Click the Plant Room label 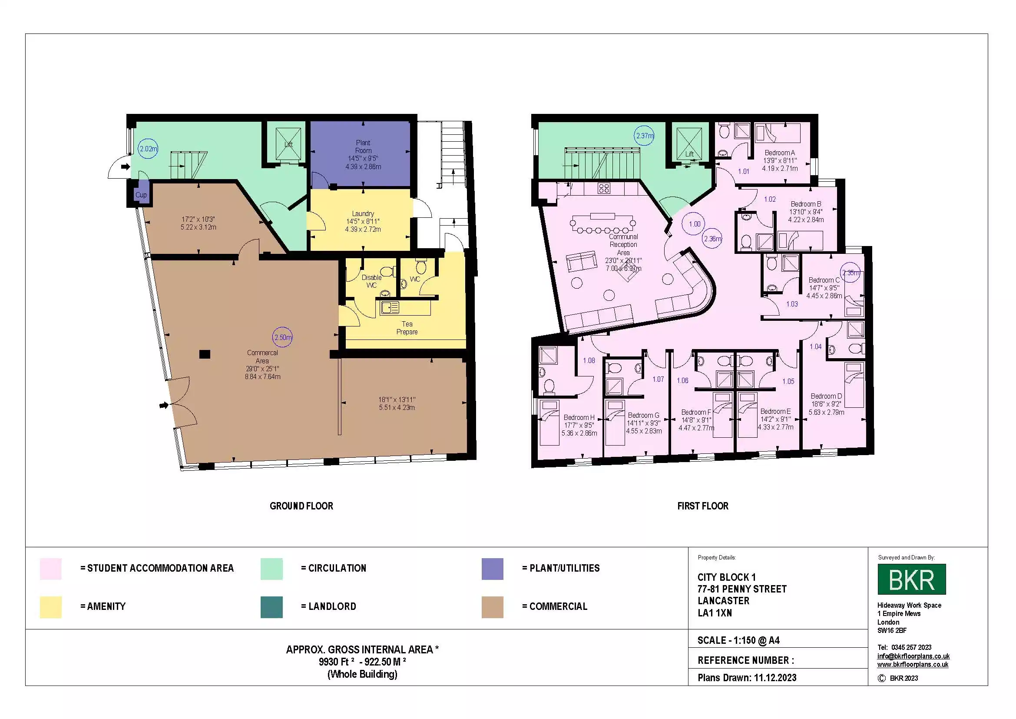pos(363,146)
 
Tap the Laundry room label pos(363,213)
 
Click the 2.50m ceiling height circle pos(282,337)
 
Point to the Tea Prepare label pos(407,328)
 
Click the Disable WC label pos(371,281)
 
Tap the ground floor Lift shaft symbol pos(288,144)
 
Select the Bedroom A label pos(780,153)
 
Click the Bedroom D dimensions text pos(826,408)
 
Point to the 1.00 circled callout pos(694,224)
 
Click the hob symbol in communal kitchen pos(604,188)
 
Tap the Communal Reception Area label pos(623,244)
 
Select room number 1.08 pos(589,360)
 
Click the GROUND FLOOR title pos(301,506)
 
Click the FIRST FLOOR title pos(703,506)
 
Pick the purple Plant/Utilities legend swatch pos(492,569)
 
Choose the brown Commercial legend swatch pos(492,607)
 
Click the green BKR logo pos(912,579)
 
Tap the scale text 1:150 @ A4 pos(738,640)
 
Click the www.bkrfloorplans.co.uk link pos(913,665)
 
